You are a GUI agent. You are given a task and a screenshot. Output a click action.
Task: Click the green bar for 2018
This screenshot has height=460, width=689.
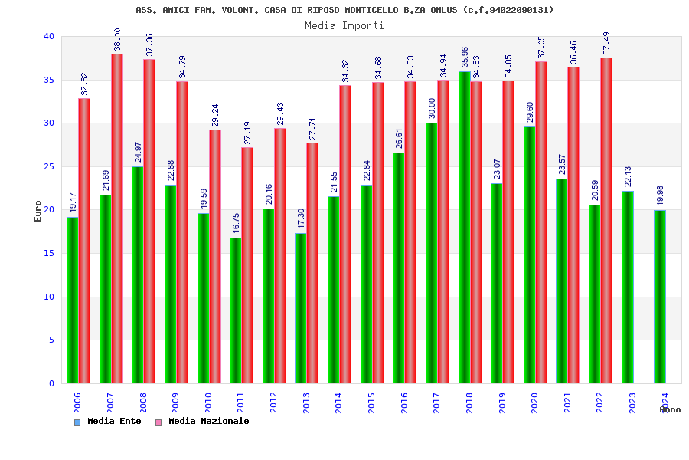(x=464, y=227)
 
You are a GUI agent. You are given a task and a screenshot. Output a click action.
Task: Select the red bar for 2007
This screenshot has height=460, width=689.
(x=116, y=219)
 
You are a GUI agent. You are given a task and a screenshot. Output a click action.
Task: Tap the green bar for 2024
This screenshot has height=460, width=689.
(x=660, y=297)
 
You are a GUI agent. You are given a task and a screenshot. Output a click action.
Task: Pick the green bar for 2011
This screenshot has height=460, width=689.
(x=236, y=310)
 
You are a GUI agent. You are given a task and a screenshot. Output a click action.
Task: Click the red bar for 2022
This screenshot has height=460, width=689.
(x=606, y=221)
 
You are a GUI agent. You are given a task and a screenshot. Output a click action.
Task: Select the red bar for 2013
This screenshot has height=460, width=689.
(x=312, y=263)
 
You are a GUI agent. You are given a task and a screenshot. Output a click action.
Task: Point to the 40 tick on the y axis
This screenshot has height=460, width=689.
(x=49, y=36)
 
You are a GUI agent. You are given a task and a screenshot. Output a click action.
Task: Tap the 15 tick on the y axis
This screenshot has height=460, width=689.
(x=49, y=253)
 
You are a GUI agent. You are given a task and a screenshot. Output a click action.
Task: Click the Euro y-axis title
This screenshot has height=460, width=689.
(x=38, y=211)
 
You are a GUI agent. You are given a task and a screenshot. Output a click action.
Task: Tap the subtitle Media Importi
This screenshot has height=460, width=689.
(x=344, y=25)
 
